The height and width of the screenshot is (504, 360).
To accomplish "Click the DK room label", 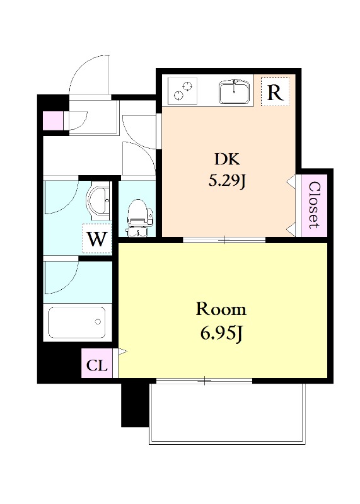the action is click(228, 159).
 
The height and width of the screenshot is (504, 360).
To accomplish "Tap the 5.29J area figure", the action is click(228, 181).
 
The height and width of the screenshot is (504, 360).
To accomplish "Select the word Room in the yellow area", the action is click(221, 309).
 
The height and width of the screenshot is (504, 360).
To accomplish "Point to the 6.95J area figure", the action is click(221, 333).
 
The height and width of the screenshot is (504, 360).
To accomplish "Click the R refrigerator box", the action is click(275, 92).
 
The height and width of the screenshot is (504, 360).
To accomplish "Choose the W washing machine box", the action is click(97, 238).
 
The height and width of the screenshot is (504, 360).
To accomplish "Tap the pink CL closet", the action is click(97, 364).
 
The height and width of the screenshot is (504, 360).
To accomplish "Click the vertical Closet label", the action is click(315, 205).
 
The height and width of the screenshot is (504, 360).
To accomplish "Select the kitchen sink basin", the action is click(234, 92).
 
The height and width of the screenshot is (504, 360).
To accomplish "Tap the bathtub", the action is click(77, 323).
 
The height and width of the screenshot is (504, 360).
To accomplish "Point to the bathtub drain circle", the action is click(98, 321).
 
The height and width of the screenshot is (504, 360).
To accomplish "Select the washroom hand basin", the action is click(99, 200).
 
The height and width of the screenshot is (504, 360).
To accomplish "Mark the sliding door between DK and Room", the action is click(224, 239).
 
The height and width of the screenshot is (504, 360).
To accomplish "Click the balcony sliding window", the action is click(204, 381).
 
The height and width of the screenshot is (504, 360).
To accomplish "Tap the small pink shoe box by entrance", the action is click(53, 120).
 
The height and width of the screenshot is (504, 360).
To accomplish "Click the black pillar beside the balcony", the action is click(135, 404).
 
